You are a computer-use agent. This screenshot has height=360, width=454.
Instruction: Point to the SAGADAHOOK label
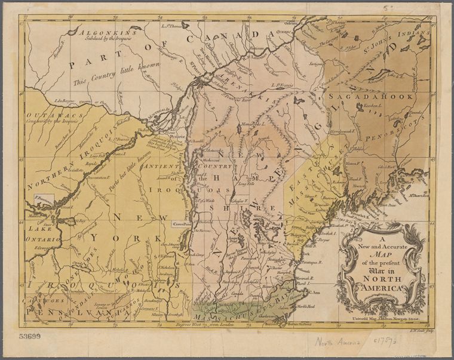[370, 96]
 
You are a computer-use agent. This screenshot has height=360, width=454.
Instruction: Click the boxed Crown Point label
[182, 224]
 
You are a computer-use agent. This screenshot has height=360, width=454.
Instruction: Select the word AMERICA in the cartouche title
[382, 288]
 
